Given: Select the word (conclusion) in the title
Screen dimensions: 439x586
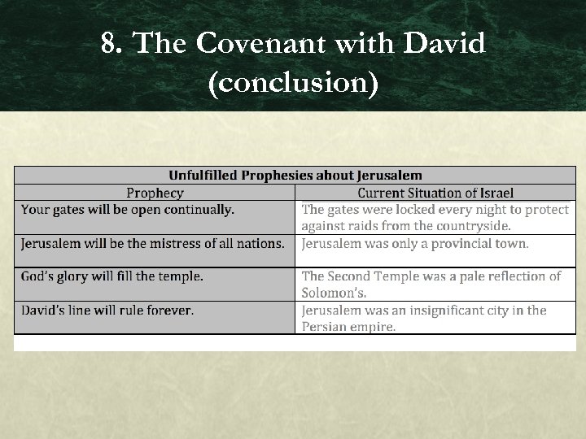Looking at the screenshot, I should pyautogui.click(x=293, y=84).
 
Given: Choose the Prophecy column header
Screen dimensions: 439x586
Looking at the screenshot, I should pyautogui.click(x=155, y=193).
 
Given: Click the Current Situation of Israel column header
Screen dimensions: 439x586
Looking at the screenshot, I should pyautogui.click(x=435, y=193).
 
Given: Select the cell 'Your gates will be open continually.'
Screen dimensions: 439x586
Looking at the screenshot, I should pyautogui.click(x=128, y=210).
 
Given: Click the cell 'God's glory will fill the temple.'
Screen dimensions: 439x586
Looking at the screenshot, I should pyautogui.click(x=112, y=276).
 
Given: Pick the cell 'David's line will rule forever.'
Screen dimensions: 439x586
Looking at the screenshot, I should pyautogui.click(x=107, y=310).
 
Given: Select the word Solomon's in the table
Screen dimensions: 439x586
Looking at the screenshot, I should pyautogui.click(x=334, y=293).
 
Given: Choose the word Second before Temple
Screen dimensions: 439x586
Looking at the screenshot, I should pyautogui.click(x=352, y=276).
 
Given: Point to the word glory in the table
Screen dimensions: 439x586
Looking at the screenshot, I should pyautogui.click(x=68, y=276).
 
